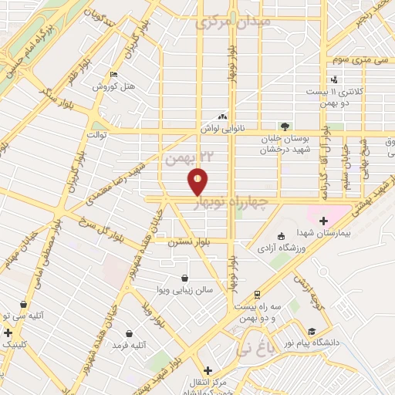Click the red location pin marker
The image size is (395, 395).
(198, 182)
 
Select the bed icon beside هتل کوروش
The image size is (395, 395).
(114, 75)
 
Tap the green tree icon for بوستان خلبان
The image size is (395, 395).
(285, 126)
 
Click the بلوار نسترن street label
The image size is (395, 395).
(184, 241)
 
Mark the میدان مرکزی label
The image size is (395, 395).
(245, 23)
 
